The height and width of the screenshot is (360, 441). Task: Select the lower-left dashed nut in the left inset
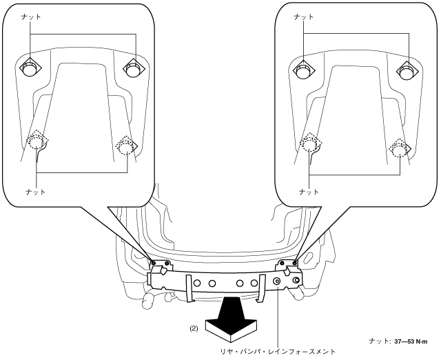pos(36,143)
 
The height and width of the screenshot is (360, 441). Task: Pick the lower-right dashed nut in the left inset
pos(126,146)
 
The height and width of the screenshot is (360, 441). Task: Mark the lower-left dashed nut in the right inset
pos(310,143)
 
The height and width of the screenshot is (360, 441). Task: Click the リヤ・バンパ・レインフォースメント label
pos(278,352)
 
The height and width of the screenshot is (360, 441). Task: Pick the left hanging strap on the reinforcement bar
pos(190,292)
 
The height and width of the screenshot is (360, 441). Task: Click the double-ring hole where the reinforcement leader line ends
pos(277,281)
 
